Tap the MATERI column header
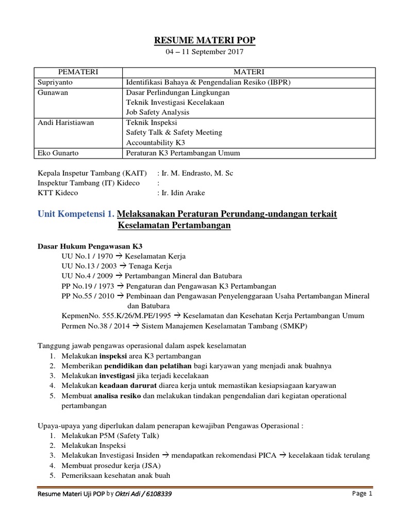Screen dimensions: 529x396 tap(249, 71)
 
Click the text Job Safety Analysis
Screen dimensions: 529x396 tap(158, 112)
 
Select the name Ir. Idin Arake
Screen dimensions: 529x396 tap(183, 193)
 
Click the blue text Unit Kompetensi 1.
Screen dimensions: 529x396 tap(76, 214)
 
